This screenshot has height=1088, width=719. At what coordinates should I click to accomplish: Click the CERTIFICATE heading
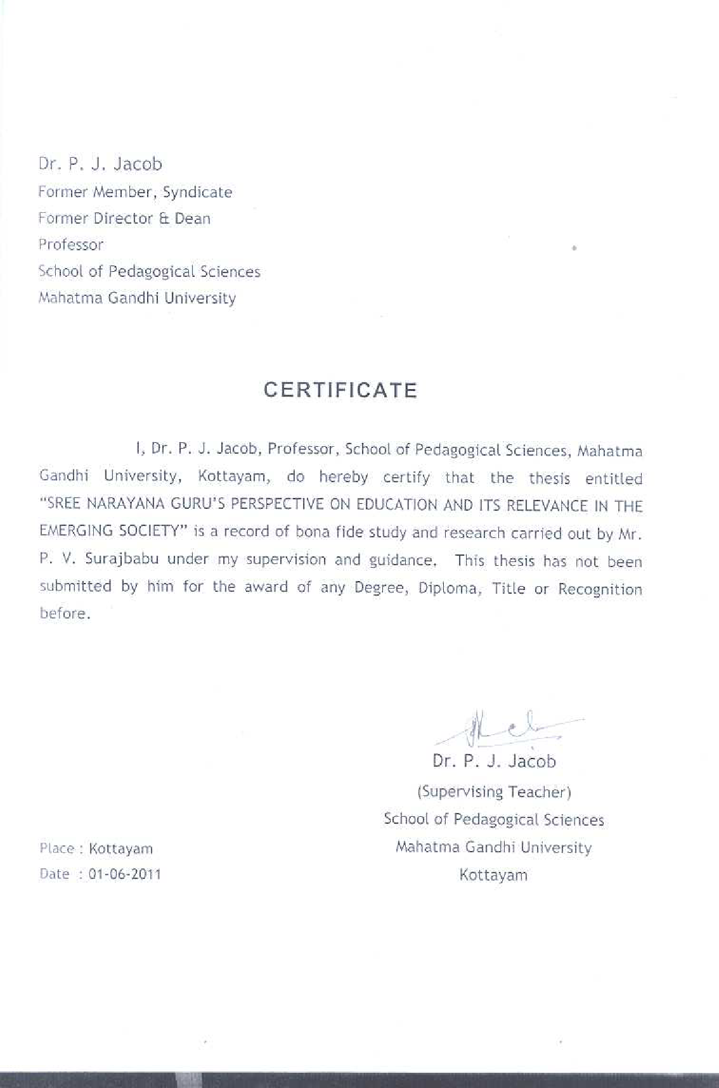point(340,390)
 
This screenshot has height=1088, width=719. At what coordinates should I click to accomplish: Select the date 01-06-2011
point(125,874)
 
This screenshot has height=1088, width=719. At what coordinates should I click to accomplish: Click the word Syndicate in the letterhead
point(197,192)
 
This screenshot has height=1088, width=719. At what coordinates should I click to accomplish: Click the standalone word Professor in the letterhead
point(70,245)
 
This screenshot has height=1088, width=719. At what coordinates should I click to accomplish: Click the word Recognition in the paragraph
point(600,589)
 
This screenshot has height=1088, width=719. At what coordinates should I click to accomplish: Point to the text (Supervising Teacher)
point(494,792)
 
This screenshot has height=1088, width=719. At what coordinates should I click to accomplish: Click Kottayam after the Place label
point(120,848)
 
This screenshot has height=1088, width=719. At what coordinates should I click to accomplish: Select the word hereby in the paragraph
point(343,477)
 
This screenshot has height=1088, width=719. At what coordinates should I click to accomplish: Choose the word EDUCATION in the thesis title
point(398,506)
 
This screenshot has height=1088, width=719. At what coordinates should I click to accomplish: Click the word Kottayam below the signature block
point(493,876)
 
